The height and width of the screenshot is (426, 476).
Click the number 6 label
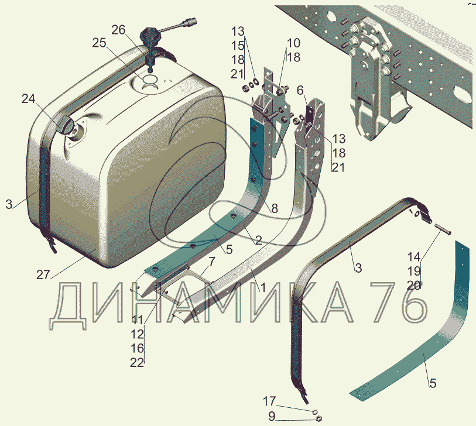300,90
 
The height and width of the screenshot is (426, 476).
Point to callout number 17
269,401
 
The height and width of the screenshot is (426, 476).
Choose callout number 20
414,285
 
